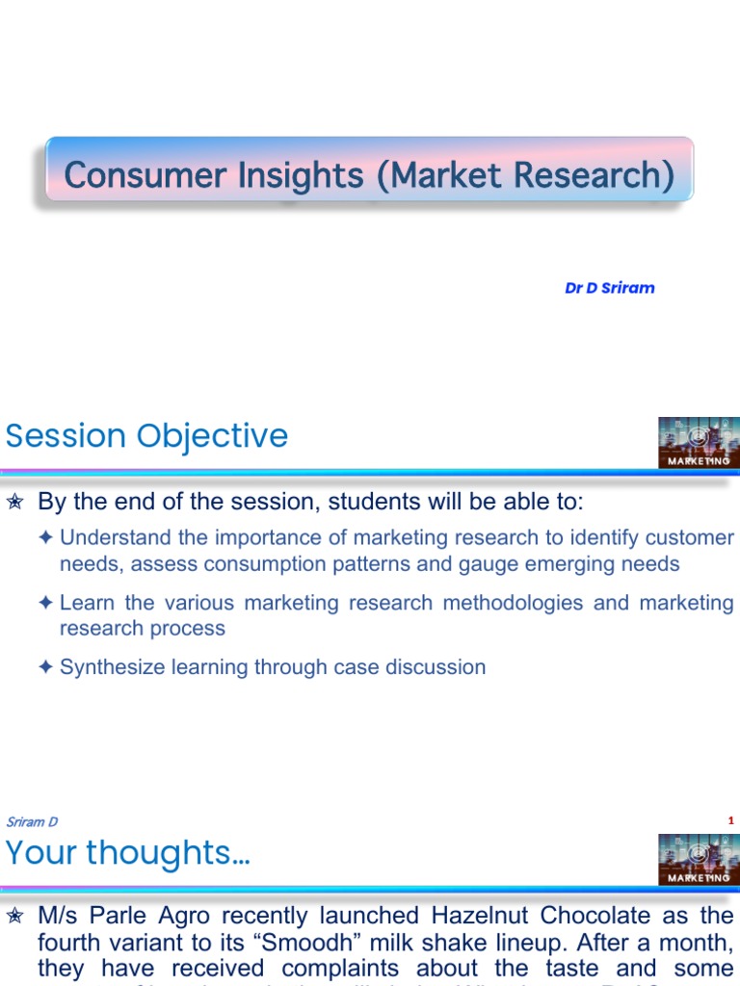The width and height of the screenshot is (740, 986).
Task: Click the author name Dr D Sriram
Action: tap(609, 288)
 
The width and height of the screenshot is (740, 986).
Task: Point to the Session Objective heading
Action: tap(146, 436)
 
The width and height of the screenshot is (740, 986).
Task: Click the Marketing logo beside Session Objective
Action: tap(699, 443)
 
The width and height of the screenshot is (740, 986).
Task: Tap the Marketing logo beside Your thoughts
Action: tap(699, 859)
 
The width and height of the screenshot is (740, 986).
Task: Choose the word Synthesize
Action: tap(114, 666)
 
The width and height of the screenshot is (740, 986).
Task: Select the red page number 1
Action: tap(731, 820)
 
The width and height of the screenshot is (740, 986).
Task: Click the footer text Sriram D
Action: tap(32, 821)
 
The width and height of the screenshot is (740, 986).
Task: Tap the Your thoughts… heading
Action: tap(127, 852)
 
